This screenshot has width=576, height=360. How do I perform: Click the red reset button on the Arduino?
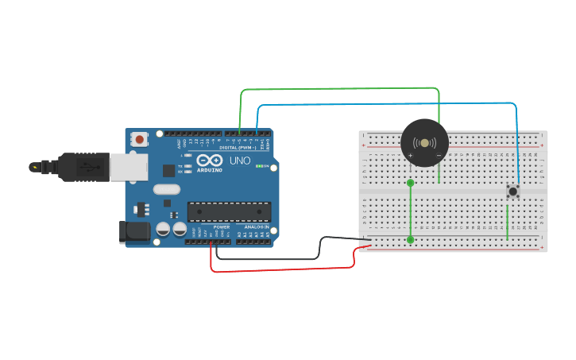(x=140, y=139)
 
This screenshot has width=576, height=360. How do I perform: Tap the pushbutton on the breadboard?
(x=512, y=191)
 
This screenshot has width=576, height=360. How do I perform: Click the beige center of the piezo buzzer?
(x=424, y=143)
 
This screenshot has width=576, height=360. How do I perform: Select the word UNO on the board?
(x=240, y=161)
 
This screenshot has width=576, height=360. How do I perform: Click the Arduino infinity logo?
(x=209, y=161)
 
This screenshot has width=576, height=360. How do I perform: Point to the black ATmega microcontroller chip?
(x=229, y=211)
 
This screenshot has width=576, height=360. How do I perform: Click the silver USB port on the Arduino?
(x=128, y=167)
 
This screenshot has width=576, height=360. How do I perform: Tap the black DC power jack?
(x=133, y=231)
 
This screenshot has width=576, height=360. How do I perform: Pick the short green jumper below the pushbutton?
(x=508, y=223)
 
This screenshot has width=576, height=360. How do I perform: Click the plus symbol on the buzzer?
(x=411, y=155)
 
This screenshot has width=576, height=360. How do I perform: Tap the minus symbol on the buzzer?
(x=439, y=155)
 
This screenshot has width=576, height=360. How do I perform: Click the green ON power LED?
(x=258, y=165)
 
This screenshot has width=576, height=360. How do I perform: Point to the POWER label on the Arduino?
(x=222, y=226)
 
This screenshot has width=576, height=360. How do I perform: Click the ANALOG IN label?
(x=256, y=226)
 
